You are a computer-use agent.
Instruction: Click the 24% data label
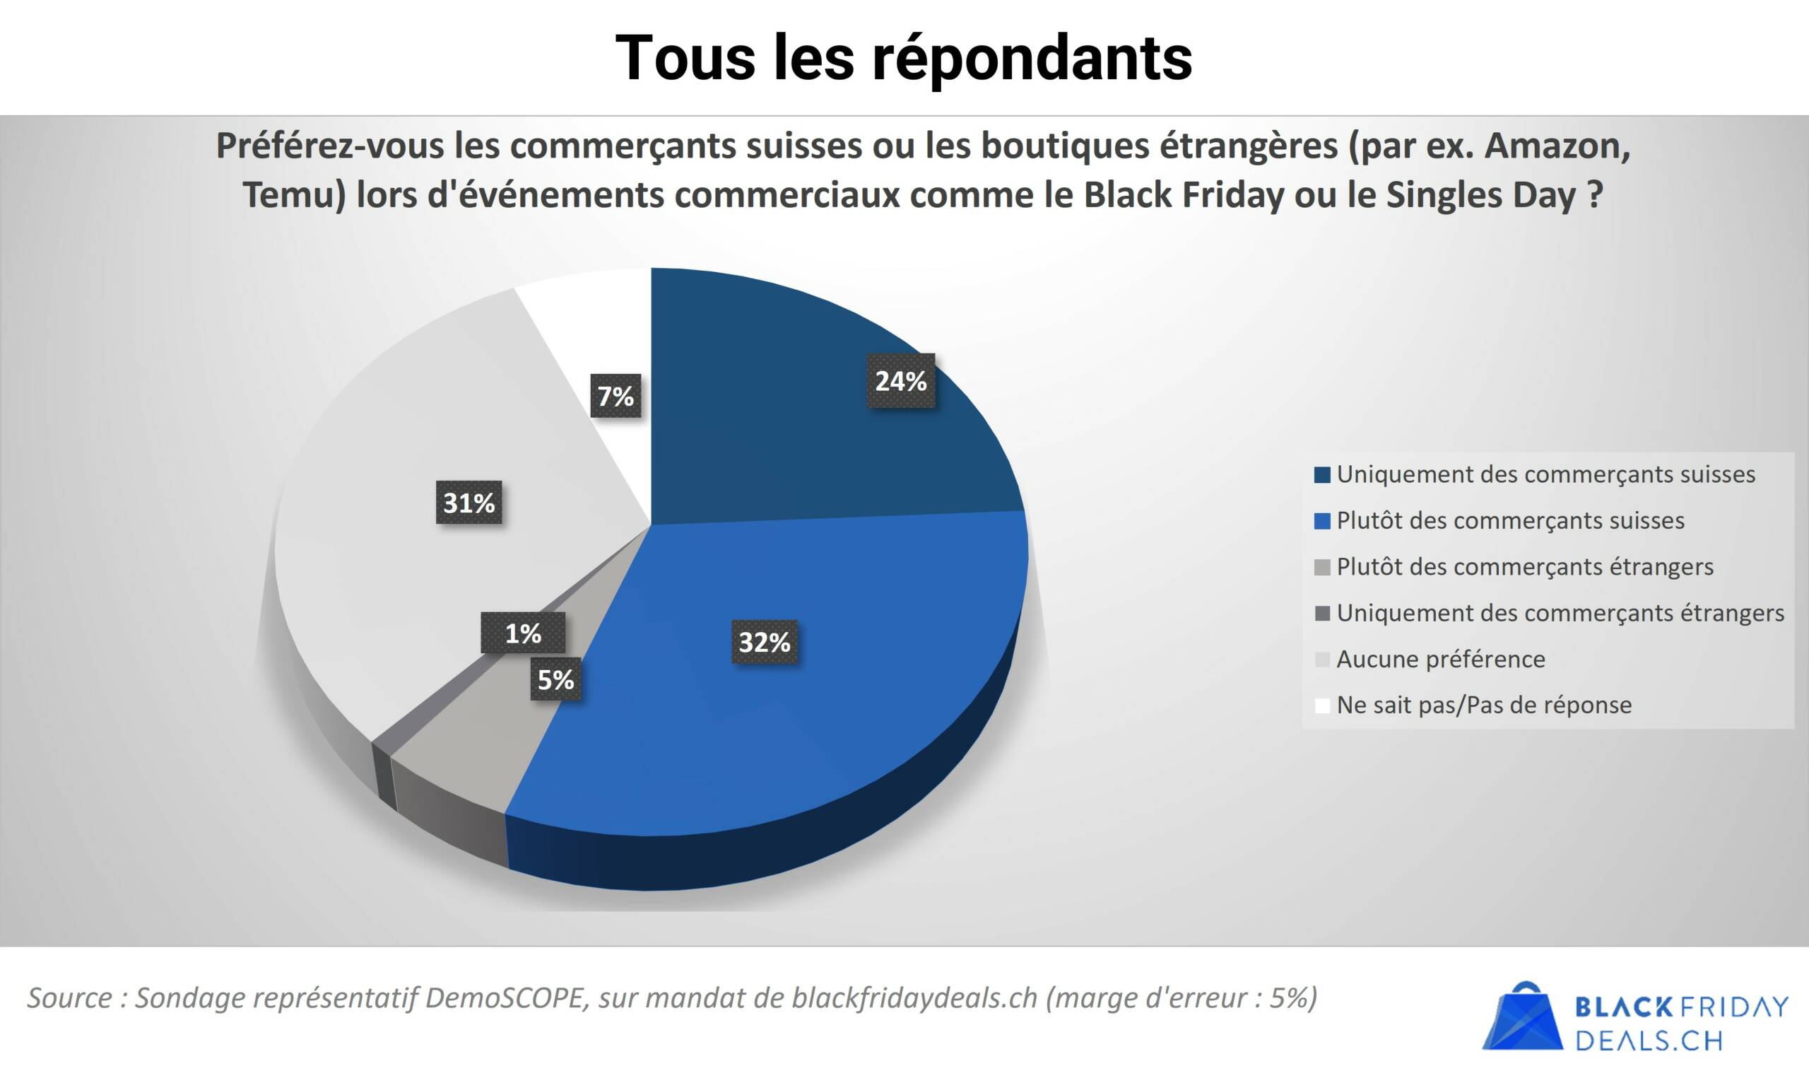coord(901,381)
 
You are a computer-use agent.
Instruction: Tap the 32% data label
coord(765,641)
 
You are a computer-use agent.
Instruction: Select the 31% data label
coord(469,502)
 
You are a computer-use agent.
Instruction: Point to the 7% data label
coord(616,395)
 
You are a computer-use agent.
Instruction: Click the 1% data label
coord(523,633)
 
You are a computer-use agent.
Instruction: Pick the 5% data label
coord(555,679)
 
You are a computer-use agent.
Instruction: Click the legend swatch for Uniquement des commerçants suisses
coord(1322,475)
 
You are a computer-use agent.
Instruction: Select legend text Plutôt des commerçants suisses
coord(1510,520)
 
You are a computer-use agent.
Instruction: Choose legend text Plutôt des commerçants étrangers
coord(1525,567)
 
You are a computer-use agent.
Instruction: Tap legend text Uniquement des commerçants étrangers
coord(1560,613)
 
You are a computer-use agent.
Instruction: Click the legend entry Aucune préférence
coord(1440,659)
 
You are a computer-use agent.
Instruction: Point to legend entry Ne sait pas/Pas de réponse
coord(1483,705)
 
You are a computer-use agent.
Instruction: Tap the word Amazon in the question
coord(1557,146)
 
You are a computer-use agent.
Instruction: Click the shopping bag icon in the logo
coord(1522,1017)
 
